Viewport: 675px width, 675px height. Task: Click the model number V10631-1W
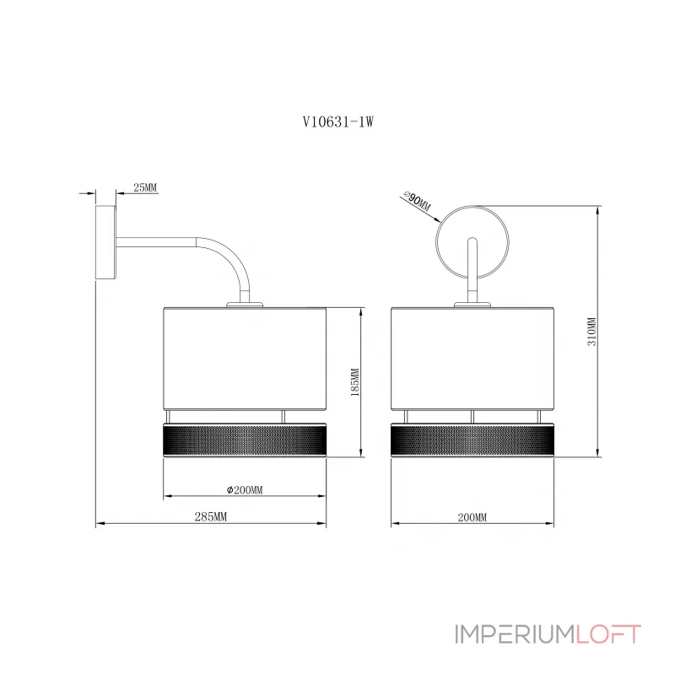(x=338, y=122)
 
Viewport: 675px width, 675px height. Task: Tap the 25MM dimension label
(x=145, y=187)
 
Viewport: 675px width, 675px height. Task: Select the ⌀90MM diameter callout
(x=418, y=201)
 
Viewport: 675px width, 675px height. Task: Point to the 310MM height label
(x=592, y=332)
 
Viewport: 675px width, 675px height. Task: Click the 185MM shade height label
(x=355, y=382)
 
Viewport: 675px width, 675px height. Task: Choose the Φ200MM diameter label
(x=245, y=490)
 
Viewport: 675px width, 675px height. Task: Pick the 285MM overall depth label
(x=210, y=516)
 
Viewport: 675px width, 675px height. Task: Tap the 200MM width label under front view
(x=472, y=517)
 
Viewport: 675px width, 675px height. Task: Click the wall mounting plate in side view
(x=105, y=243)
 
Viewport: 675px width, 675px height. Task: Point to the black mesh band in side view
(x=245, y=440)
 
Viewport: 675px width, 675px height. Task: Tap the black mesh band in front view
(x=472, y=440)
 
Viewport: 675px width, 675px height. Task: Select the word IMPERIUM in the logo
(x=515, y=634)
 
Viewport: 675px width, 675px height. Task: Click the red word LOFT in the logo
(x=608, y=634)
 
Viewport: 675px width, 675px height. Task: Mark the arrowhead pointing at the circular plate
(x=436, y=219)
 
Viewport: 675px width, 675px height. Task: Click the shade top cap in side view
(x=245, y=305)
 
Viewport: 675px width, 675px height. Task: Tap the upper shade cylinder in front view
(x=472, y=358)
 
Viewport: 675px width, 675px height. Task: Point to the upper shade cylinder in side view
(x=245, y=358)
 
